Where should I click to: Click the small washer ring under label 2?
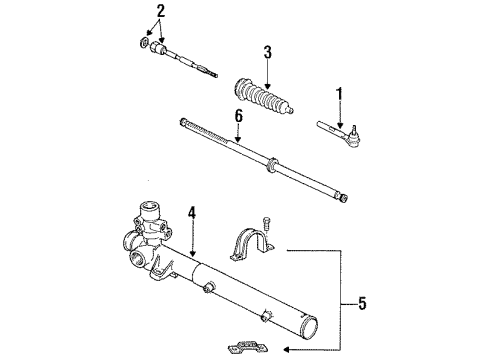[x=142, y=44]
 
